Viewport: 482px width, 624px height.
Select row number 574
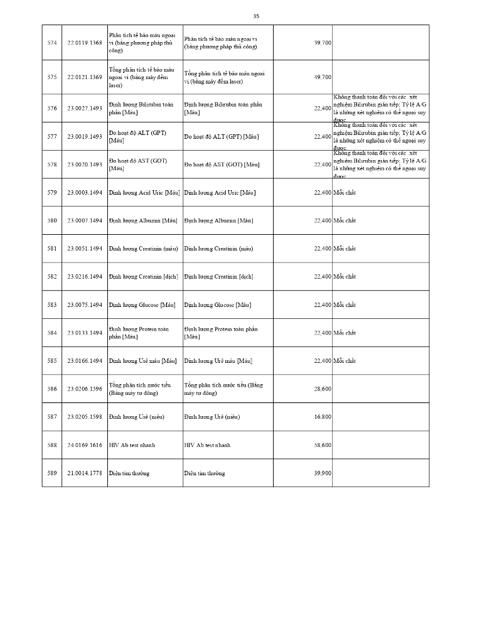pyautogui.click(x=52, y=43)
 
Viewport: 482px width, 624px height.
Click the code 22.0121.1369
pyautogui.click(x=84, y=77)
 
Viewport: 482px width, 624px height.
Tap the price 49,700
pyautogui.click(x=323, y=77)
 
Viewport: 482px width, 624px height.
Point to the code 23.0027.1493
pyautogui.click(x=84, y=108)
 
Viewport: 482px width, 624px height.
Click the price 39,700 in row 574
pyautogui.click(x=323, y=43)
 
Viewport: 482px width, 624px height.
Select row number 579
pyautogui.click(x=52, y=192)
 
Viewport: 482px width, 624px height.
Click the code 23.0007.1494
pyautogui.click(x=84, y=220)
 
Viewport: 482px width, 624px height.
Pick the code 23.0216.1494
pyautogui.click(x=84, y=276)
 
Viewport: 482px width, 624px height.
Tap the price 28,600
pyautogui.click(x=323, y=389)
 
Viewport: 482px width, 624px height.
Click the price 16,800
pyautogui.click(x=323, y=417)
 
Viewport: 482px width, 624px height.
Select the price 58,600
pyautogui.click(x=323, y=445)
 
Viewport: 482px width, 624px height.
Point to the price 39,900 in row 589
pyautogui.click(x=323, y=473)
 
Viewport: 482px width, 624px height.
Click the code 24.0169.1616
pyautogui.click(x=84, y=445)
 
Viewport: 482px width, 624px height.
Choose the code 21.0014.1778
pyautogui.click(x=84, y=473)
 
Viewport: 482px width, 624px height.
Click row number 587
pyautogui.click(x=52, y=417)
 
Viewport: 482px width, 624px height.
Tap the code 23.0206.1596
pyautogui.click(x=84, y=389)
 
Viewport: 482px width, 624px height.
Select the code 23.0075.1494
pyautogui.click(x=84, y=304)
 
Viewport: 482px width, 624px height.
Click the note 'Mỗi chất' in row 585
pyautogui.click(x=345, y=361)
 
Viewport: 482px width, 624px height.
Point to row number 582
pyautogui.click(x=52, y=276)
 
